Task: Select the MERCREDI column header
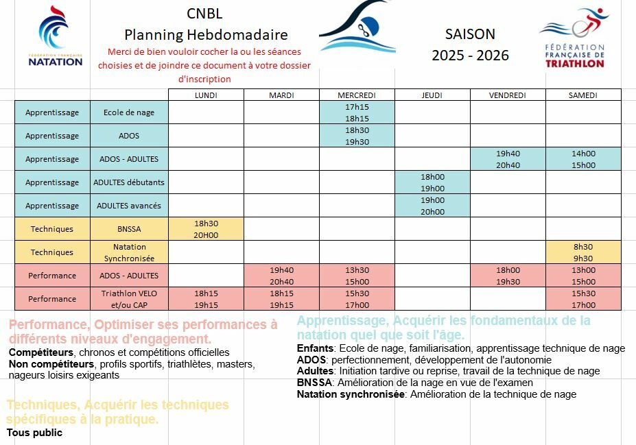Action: (357, 95)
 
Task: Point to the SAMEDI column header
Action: (583, 95)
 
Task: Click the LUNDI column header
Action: (206, 95)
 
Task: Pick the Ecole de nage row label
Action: (129, 112)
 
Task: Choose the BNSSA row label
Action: (129, 229)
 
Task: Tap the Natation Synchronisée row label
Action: (129, 252)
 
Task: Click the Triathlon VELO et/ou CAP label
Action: (129, 299)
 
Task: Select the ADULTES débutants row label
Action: (129, 182)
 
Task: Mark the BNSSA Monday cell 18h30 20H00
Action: (206, 229)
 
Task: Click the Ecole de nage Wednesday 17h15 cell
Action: (357, 112)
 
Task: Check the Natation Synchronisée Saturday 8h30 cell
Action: (583, 252)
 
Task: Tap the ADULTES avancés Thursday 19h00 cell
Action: (432, 206)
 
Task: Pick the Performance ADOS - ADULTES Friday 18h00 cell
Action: (508, 276)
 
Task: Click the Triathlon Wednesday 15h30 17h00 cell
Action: (357, 299)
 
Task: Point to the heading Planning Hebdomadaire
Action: (206, 34)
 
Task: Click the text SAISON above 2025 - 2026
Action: (470, 34)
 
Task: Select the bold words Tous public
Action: (34, 433)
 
